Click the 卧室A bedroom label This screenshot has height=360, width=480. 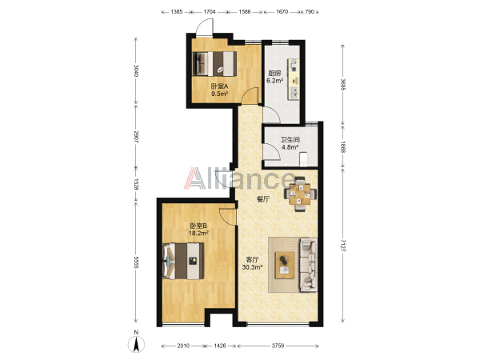click(219, 86)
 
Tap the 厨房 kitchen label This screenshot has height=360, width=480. click(274, 73)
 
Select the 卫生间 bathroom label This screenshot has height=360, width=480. click(290, 140)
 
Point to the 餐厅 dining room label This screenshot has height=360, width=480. click(263, 199)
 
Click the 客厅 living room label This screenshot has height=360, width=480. click(252, 260)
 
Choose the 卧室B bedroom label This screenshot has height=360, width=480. click(198, 226)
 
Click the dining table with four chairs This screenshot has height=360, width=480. click(300, 194)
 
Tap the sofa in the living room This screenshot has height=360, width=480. click(308, 265)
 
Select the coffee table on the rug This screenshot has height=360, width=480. click(285, 265)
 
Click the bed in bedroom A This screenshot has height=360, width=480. click(214, 64)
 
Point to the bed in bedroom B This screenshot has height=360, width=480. click(183, 261)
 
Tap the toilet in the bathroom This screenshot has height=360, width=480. click(303, 159)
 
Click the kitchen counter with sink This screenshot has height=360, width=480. click(294, 79)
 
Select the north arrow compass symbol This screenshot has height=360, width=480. click(136, 343)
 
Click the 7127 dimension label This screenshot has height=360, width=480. click(343, 246)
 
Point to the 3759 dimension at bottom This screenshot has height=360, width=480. click(278, 346)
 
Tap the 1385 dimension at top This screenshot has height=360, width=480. click(177, 12)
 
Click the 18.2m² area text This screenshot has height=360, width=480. click(198, 234)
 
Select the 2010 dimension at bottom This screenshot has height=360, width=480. click(183, 346)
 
